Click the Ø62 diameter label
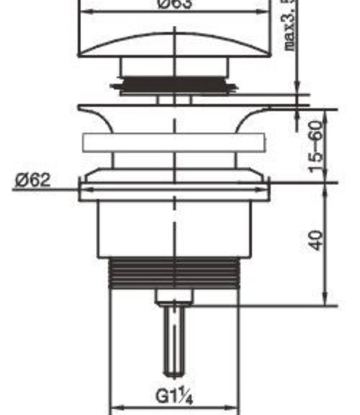pyautogui.click(x=33, y=180)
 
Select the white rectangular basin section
pyautogui.click(x=173, y=143)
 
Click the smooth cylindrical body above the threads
pyautogui.click(x=174, y=230)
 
